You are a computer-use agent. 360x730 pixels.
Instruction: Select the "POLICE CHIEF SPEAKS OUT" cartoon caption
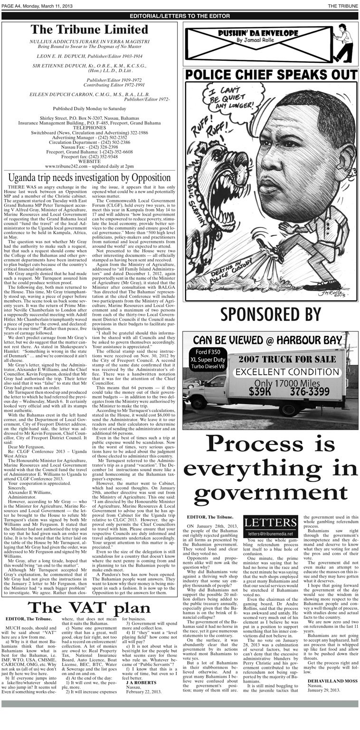point(271,75)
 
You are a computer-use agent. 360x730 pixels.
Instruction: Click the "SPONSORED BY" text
point(271,315)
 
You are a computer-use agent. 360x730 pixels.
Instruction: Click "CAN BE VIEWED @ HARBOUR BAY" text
point(271,340)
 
